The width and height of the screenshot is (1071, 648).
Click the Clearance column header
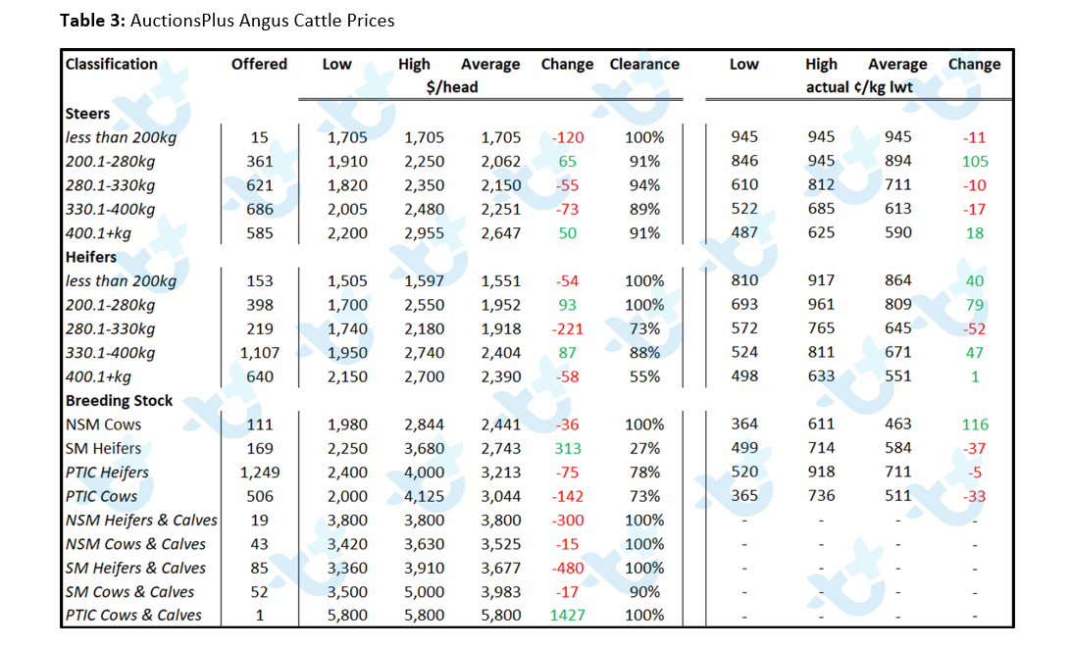tap(644, 64)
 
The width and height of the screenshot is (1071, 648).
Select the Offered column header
tap(259, 64)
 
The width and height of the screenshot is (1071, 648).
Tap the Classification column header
tap(112, 64)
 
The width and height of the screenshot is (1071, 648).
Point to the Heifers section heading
tap(91, 257)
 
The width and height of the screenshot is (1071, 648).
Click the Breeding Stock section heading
tap(119, 400)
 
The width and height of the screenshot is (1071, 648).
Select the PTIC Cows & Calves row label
tap(133, 616)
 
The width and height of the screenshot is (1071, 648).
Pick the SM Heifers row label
tap(103, 448)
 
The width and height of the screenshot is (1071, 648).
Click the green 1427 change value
tap(567, 616)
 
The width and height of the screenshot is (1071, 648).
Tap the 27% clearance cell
tap(644, 448)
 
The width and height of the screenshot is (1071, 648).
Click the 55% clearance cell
tap(644, 376)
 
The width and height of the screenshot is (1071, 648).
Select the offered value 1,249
tap(260, 472)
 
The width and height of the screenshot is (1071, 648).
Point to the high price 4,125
tap(424, 496)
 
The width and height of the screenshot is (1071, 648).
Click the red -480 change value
tap(567, 568)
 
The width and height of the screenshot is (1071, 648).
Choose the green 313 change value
tap(567, 448)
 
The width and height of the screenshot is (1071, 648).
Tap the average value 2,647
tap(500, 233)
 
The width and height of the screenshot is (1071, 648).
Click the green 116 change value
tap(975, 424)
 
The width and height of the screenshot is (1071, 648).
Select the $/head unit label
tap(451, 87)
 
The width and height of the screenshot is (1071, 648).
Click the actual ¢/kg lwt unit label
tap(859, 87)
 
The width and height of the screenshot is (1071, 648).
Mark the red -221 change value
tap(567, 328)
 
